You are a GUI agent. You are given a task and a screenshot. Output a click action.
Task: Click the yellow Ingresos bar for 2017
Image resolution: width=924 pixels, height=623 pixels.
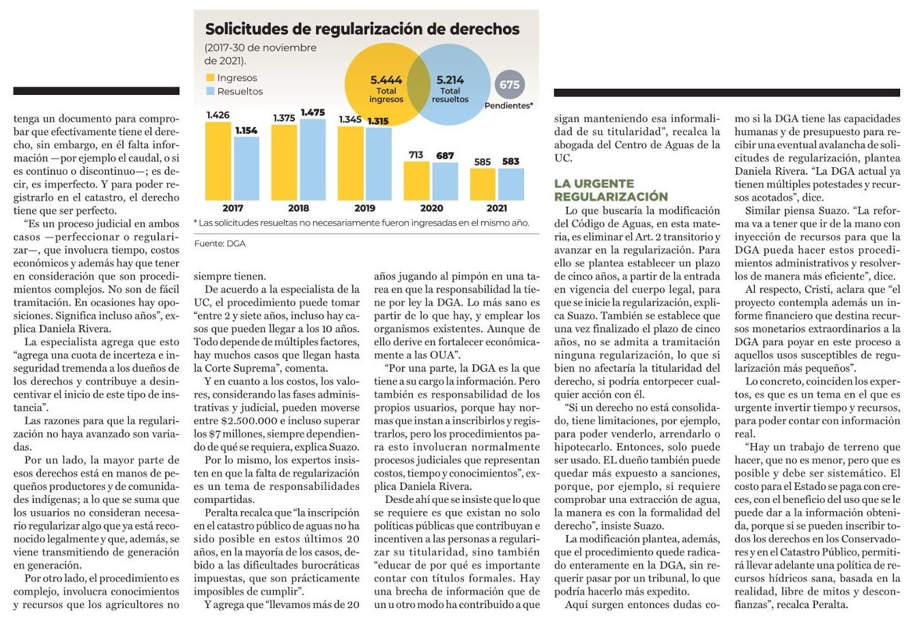[218, 161]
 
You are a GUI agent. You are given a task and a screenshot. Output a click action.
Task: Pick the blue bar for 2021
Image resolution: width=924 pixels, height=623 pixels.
[510, 184]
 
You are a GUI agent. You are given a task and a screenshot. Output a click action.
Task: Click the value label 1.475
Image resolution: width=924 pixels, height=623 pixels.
[313, 113]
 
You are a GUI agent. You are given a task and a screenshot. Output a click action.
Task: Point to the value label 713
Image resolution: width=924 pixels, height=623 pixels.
[416, 155]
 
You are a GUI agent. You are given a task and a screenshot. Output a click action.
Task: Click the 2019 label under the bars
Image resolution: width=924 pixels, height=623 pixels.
[364, 208]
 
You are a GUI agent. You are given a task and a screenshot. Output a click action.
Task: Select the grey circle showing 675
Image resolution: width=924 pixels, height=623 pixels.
[509, 85]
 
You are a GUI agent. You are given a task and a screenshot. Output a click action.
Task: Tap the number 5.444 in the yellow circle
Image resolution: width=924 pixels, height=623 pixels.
[386, 80]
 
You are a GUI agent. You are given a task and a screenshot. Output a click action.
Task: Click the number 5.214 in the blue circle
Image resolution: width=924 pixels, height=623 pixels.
[450, 80]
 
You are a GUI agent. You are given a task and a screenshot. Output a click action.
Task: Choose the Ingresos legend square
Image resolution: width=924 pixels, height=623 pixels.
[210, 78]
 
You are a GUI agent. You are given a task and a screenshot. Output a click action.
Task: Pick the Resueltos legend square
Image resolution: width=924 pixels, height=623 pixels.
[210, 91]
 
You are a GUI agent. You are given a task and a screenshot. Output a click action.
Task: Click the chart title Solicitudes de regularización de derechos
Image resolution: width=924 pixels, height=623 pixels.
[362, 29]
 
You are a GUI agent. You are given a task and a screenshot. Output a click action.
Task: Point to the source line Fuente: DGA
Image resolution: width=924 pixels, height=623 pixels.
[220, 244]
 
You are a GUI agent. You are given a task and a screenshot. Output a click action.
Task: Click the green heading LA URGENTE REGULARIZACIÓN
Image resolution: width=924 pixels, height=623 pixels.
[611, 190]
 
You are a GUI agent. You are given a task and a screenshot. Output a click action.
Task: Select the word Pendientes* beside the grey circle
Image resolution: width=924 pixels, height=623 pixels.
[508, 106]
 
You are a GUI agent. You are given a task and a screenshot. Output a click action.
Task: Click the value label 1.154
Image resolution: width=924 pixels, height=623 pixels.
[246, 130]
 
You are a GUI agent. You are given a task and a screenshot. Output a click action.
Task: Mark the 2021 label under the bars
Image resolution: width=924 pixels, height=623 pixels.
[497, 208]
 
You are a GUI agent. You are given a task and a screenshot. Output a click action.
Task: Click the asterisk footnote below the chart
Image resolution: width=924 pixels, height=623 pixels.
[361, 222]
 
